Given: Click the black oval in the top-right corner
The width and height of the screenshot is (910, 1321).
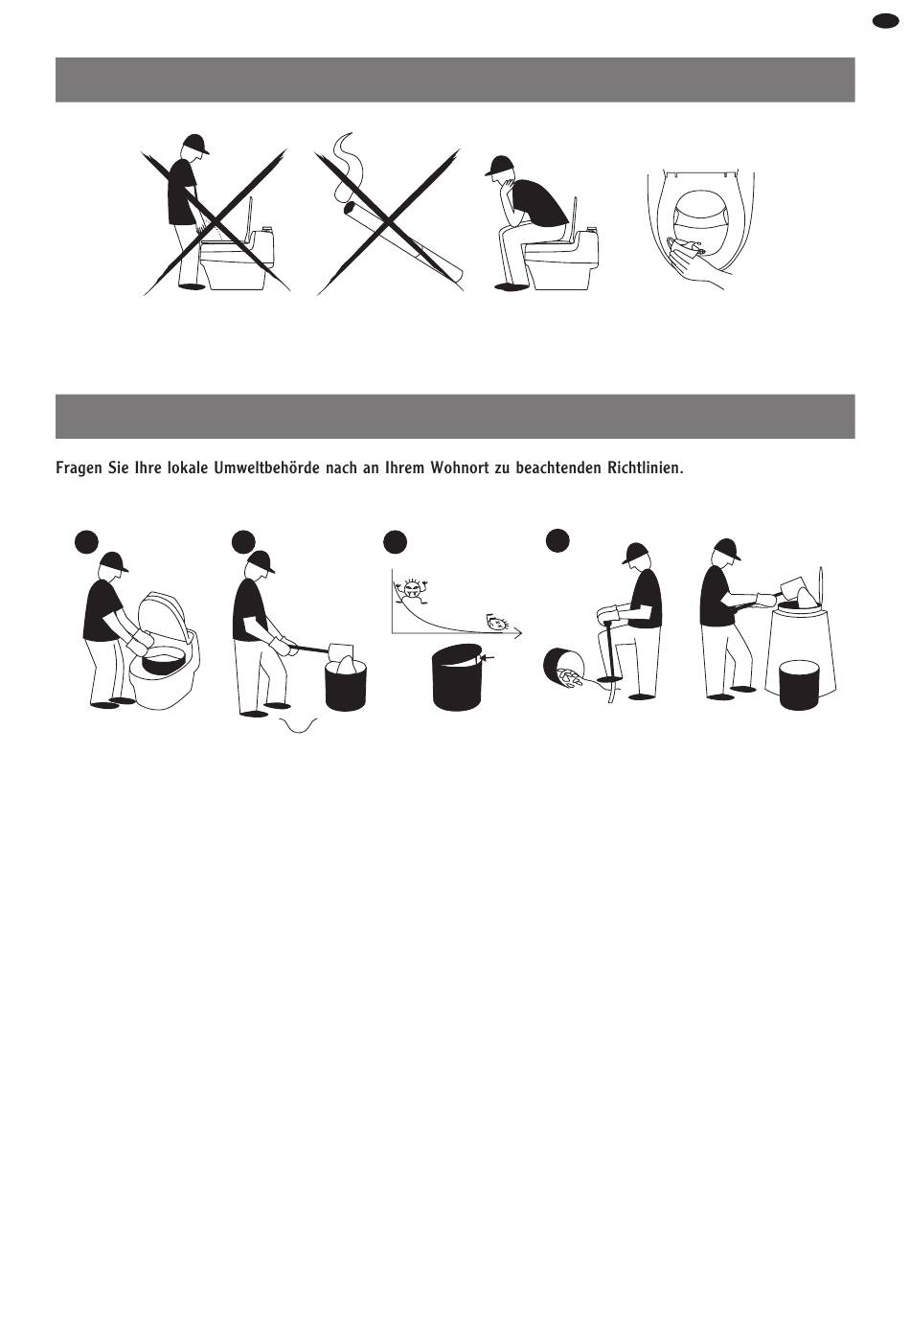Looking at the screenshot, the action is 885,21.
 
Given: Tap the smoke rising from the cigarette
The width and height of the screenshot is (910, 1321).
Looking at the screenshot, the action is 342,167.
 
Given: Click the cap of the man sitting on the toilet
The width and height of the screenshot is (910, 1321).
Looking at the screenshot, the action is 499,165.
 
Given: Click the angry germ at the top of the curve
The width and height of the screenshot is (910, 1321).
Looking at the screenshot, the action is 413,591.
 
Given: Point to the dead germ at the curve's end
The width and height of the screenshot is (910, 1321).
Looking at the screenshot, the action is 496,622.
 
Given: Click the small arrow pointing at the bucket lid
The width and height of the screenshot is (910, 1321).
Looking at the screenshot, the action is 488,657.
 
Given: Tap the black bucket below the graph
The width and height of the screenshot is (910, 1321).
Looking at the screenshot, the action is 458,678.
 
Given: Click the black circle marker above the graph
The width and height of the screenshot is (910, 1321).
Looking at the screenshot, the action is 395,542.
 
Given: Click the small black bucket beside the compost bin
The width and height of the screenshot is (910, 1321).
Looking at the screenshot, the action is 799,685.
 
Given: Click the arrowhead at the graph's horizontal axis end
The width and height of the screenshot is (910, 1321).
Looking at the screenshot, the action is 518,634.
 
